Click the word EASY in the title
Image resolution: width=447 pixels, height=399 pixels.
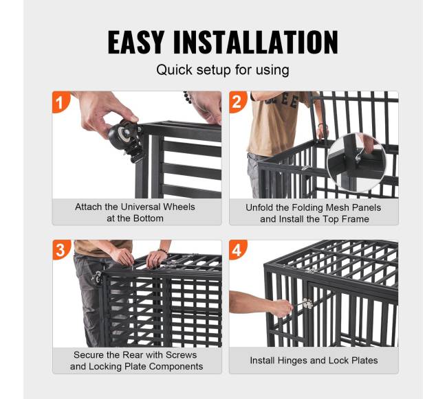coord(136,42)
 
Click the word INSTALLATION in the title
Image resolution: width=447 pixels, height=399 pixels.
coord(256,42)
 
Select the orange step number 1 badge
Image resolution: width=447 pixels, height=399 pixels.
coord(60,102)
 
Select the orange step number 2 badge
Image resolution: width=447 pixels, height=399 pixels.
coord(237,102)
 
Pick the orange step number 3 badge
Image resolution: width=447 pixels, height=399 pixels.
coord(61,250)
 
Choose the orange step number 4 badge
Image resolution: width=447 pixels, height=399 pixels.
coord(237,250)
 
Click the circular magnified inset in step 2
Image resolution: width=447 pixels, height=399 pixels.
coord(356,163)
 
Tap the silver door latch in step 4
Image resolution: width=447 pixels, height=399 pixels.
coord(307,304)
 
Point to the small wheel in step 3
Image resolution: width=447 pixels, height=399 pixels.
coord(97,278)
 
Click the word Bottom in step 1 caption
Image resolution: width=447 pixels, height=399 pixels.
coord(149,218)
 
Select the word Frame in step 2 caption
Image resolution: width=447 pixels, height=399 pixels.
coord(356,219)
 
